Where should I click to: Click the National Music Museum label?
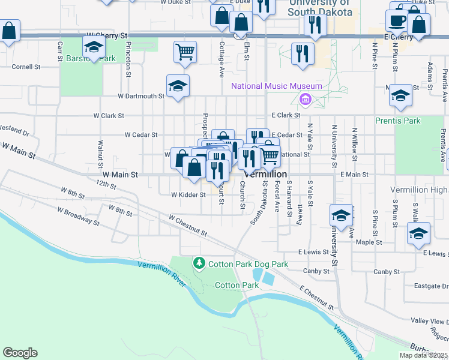[x=277, y=86]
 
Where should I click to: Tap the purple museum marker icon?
[x=305, y=98]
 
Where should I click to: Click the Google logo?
[x=20, y=353]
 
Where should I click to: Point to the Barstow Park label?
[x=91, y=59]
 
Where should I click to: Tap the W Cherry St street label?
[x=108, y=36]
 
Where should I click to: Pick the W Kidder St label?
[x=188, y=194]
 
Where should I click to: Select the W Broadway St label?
[x=78, y=216]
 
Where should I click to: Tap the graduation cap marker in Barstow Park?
[x=94, y=47]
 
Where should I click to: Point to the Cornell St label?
[x=25, y=67]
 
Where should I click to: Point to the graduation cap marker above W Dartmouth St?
[x=178, y=86]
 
